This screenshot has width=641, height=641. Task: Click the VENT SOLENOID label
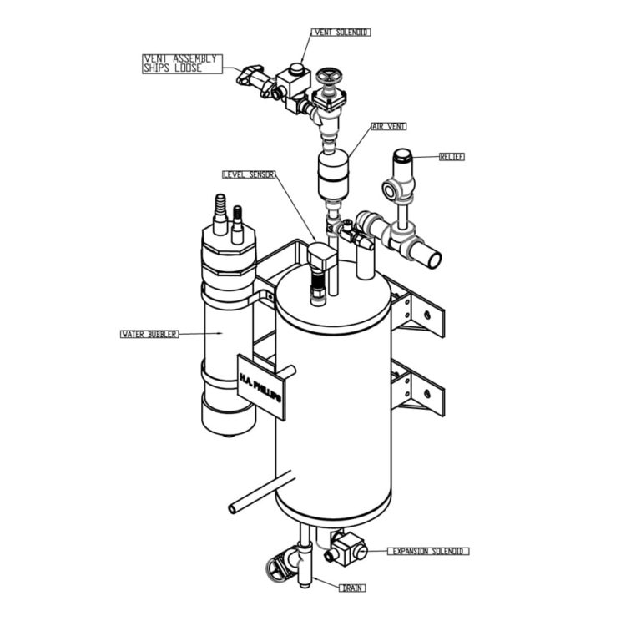tap(341, 33)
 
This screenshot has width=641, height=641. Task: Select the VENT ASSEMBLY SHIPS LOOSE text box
tap(182, 63)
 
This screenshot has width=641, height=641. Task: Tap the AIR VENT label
tap(389, 126)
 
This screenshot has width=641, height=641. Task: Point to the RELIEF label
tap(452, 156)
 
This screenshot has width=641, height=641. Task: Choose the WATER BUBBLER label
tap(149, 334)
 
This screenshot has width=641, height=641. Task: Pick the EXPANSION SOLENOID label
tap(429, 552)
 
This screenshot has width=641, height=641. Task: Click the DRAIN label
tap(352, 588)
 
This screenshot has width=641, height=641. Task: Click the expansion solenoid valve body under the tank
tap(348, 548)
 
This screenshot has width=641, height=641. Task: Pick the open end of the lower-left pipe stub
tap(234, 507)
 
